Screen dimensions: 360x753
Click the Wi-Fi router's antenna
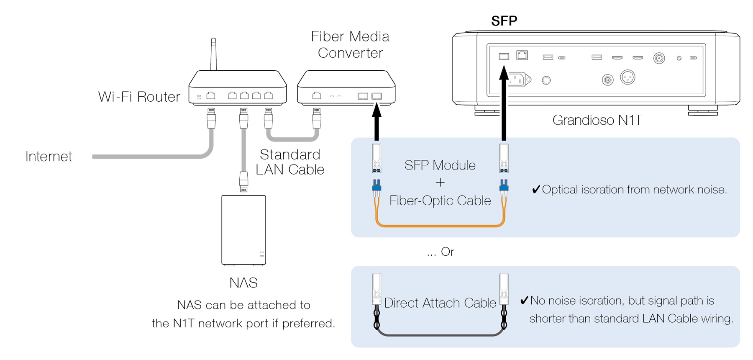(213, 54)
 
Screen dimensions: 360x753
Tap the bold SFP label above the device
(504, 21)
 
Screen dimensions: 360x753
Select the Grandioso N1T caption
(597, 121)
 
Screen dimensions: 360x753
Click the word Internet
(49, 157)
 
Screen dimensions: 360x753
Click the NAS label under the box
(243, 283)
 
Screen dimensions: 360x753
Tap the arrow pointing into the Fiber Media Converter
(377, 121)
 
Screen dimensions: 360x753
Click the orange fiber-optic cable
(439, 226)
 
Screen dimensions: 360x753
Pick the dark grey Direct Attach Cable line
(439, 335)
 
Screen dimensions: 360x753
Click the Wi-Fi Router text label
(139, 97)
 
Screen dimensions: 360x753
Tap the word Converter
(350, 53)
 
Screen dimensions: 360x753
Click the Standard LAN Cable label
(290, 162)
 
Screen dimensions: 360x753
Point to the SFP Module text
(440, 165)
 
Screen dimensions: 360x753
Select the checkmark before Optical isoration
(535, 190)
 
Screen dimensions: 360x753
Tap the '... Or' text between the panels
(441, 252)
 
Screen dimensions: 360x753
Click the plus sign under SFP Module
(440, 183)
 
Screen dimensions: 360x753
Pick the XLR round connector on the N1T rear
(627, 77)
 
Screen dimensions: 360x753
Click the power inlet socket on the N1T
(517, 79)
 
